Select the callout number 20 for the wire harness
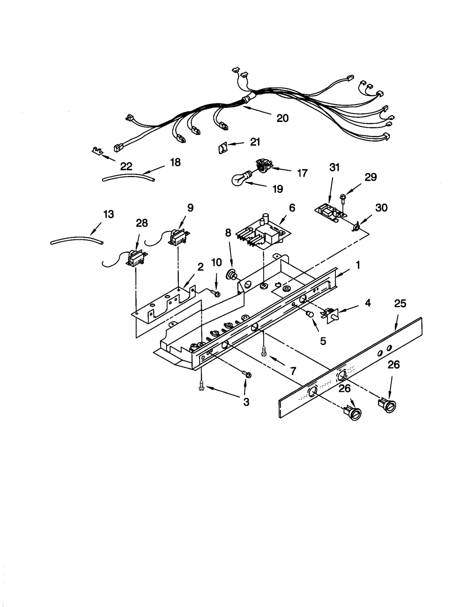282,118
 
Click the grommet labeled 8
232,275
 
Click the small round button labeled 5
309,315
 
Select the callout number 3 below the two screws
246,402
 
